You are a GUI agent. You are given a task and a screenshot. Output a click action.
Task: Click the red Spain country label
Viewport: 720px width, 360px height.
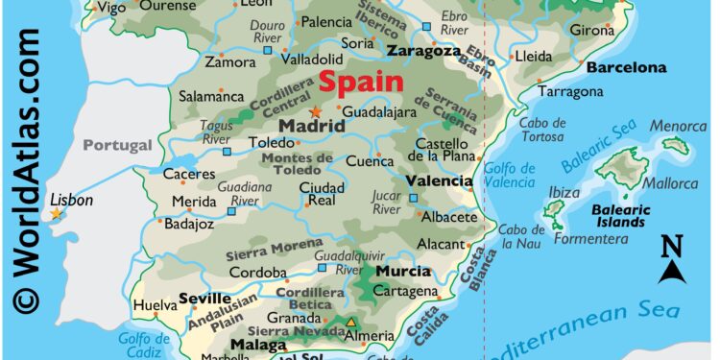coord(360,83)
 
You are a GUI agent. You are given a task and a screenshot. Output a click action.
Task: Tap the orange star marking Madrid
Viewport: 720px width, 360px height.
coord(316,111)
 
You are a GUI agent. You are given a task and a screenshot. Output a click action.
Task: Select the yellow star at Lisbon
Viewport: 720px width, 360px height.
coord(56,213)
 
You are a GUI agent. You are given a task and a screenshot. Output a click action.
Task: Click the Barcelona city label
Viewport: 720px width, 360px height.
coord(626,68)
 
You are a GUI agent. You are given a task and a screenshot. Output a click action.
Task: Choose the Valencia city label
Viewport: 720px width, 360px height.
coord(439,180)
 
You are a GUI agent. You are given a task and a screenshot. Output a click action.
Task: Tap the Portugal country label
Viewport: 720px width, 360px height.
coord(117,145)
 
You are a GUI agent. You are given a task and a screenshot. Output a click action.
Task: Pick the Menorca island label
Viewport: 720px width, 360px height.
coord(678,126)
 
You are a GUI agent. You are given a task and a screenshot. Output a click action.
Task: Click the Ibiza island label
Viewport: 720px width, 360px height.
coord(564,192)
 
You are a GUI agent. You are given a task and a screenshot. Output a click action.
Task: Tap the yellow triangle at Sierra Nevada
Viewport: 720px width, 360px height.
coord(351,322)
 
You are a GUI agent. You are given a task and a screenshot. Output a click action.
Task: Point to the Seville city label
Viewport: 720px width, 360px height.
coord(204,299)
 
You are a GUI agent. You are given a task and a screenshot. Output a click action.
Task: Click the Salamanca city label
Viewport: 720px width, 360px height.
coord(211,96)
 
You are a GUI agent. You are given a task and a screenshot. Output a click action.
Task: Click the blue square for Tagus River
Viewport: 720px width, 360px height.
coord(228,152)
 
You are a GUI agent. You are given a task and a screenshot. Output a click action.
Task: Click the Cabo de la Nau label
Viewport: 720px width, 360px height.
coord(522,235)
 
